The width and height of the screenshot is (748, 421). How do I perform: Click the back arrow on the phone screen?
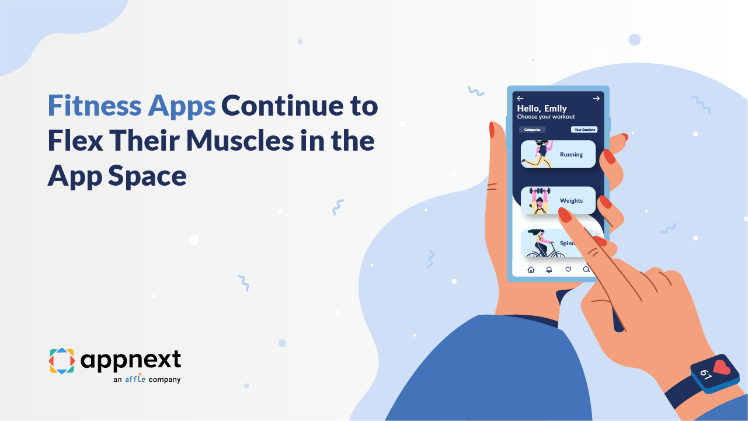click(520, 99)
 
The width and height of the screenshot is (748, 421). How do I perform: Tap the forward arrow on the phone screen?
click(596, 99)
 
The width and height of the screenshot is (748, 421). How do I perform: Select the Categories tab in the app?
click(532, 130)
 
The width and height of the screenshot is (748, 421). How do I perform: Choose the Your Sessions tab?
click(584, 130)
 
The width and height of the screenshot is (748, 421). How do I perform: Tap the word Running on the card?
click(571, 155)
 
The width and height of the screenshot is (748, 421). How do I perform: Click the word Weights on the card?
click(571, 201)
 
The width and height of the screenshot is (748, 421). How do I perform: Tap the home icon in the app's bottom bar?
click(531, 269)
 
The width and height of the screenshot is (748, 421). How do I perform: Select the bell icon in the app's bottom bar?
click(549, 269)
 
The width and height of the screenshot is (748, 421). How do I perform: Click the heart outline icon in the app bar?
click(568, 269)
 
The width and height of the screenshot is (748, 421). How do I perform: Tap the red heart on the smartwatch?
click(722, 368)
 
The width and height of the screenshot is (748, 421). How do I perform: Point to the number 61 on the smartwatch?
click(705, 374)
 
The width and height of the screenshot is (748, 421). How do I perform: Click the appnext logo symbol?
click(61, 360)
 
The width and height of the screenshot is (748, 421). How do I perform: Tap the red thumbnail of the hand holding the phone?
click(492, 130)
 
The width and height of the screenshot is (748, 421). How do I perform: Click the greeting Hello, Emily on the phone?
click(542, 109)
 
